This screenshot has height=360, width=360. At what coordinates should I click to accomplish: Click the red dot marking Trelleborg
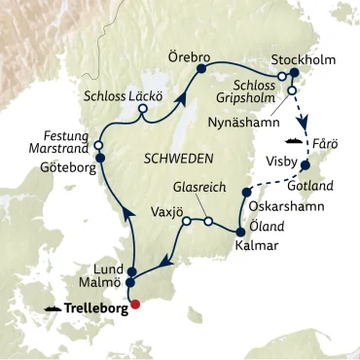[x=135, y=303]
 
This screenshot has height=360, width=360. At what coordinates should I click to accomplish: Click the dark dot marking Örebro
[x=202, y=70]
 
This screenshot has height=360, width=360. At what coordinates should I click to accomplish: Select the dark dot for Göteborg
[x=99, y=154]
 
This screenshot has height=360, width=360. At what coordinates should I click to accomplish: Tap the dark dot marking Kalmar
[x=238, y=231]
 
